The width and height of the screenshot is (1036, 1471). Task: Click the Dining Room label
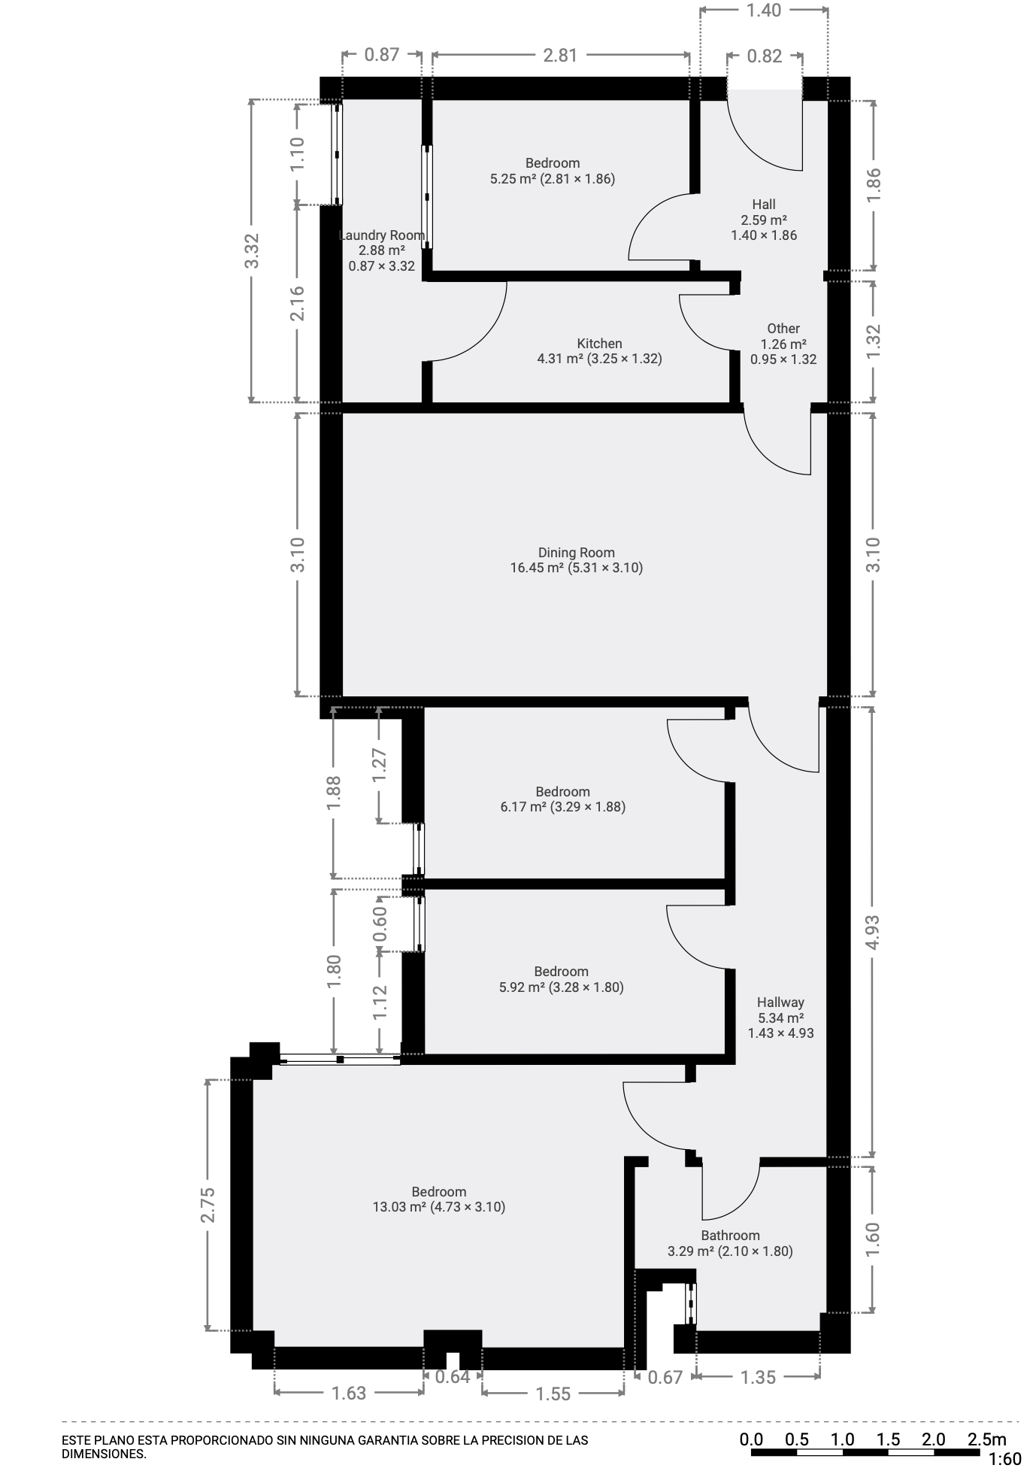tap(576, 560)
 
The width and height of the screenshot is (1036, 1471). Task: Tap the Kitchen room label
tap(599, 351)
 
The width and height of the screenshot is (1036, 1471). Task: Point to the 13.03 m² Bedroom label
tap(438, 1200)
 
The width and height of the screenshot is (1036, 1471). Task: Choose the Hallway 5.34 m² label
tap(780, 1018)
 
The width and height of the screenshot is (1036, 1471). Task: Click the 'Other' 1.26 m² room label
tap(783, 344)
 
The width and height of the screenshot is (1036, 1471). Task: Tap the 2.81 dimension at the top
tap(560, 55)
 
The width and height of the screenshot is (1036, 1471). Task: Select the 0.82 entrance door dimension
tap(765, 56)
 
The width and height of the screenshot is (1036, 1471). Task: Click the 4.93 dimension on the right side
tap(872, 933)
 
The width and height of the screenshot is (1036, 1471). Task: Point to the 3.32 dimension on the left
tap(252, 250)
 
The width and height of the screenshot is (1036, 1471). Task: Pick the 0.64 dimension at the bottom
tap(453, 1377)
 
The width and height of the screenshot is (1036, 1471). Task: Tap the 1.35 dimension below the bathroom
tap(757, 1377)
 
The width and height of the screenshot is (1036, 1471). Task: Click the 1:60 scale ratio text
tap(1004, 1460)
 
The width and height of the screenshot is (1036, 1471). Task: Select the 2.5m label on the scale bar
tap(986, 1439)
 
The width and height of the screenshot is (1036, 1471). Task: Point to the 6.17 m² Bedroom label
tap(562, 799)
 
